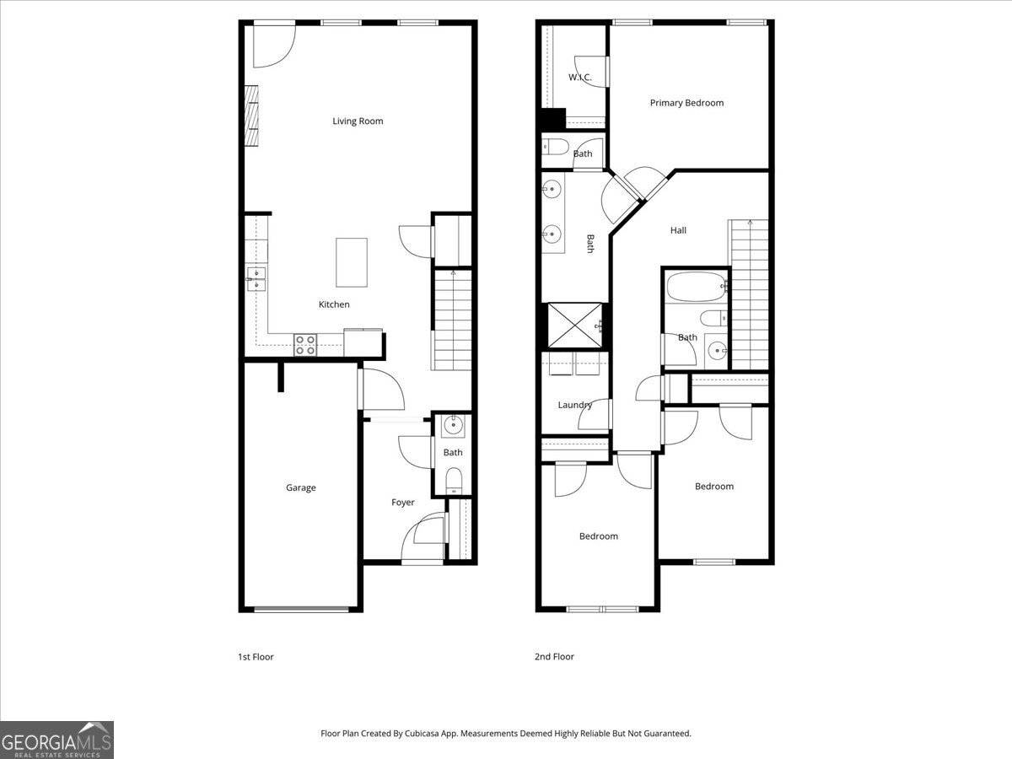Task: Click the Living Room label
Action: coord(358,121)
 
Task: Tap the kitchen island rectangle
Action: coord(352,262)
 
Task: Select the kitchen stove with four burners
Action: coord(305,343)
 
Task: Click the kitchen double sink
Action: coord(256,279)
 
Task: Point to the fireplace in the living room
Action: coord(250,116)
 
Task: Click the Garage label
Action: coord(300,487)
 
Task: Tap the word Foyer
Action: coord(402,503)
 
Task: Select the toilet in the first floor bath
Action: coord(454,481)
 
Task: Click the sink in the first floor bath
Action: coord(454,425)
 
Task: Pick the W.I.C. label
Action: coord(579,78)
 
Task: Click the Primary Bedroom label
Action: coord(686,103)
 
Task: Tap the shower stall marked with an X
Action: coord(574,325)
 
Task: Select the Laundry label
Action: coord(574,405)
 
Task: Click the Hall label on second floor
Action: coord(678,230)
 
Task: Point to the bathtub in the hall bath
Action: coord(696,288)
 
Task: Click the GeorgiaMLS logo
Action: coord(57,740)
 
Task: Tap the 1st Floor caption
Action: coord(256,657)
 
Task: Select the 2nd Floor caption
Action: coord(554,657)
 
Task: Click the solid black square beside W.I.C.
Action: coord(552,121)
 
